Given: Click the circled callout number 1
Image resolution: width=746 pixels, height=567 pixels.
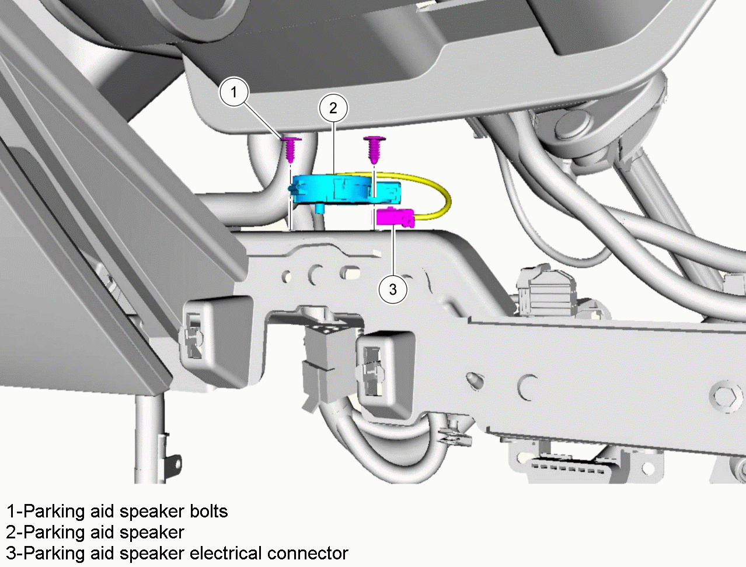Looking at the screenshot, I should click(234, 92).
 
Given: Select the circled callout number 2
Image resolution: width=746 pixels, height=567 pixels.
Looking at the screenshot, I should click(333, 108).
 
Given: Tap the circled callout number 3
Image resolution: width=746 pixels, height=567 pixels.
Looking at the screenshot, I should click(393, 289).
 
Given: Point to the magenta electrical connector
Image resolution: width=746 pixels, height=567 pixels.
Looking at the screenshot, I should click(396, 216).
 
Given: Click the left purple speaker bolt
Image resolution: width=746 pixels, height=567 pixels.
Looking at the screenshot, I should click(292, 149).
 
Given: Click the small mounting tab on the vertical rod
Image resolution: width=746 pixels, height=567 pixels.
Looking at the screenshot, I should click(172, 462).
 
